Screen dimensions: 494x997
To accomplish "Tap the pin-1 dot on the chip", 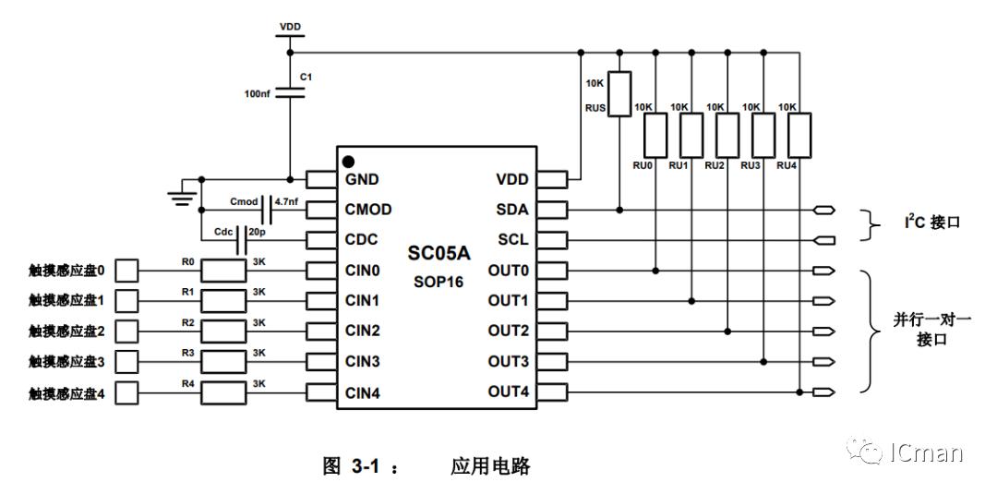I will [348, 162].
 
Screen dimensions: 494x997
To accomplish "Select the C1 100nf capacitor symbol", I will [291, 92].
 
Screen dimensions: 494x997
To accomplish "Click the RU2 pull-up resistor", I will [727, 135].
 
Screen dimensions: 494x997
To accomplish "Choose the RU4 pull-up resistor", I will [799, 135].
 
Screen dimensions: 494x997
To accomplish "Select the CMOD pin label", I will [368, 210].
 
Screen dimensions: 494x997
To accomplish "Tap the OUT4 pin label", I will [509, 392].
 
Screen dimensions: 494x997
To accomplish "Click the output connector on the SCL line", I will [824, 241].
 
